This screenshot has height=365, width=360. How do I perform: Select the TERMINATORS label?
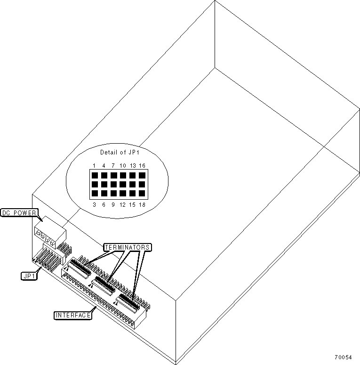point(127,247)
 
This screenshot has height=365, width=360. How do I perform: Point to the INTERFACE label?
point(72,315)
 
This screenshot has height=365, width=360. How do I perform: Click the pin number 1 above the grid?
point(95,166)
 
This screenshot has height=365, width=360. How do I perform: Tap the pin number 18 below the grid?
point(142,204)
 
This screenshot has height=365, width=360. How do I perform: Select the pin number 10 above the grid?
point(122,166)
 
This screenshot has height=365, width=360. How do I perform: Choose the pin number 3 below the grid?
point(95,204)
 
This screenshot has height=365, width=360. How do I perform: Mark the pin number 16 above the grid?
point(142,166)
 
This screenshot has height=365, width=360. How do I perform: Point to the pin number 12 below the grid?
point(122,204)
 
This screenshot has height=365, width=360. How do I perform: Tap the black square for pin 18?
point(142,194)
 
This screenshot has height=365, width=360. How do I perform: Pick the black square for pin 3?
point(95,194)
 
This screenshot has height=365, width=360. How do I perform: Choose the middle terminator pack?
point(104,284)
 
